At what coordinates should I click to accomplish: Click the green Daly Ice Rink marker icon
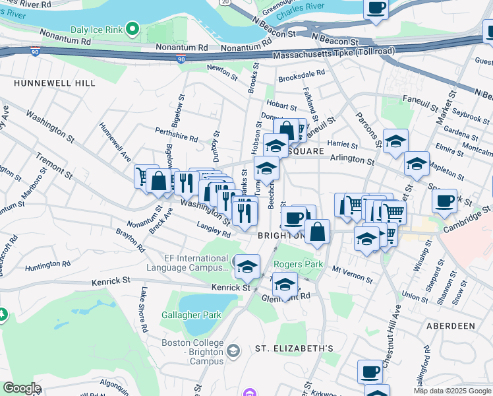coord(132,28)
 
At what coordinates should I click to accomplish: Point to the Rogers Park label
coord(298,264)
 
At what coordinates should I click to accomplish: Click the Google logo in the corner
coord(22,388)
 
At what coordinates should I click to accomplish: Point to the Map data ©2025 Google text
coord(452,391)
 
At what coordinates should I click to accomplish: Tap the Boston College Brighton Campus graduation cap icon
coord(233,350)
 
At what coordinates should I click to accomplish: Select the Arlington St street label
coord(352,160)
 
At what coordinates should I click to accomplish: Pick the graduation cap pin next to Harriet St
coord(395,141)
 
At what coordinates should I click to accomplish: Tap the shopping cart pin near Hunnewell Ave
coord(145,176)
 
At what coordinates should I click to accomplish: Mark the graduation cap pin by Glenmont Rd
coord(285,285)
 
